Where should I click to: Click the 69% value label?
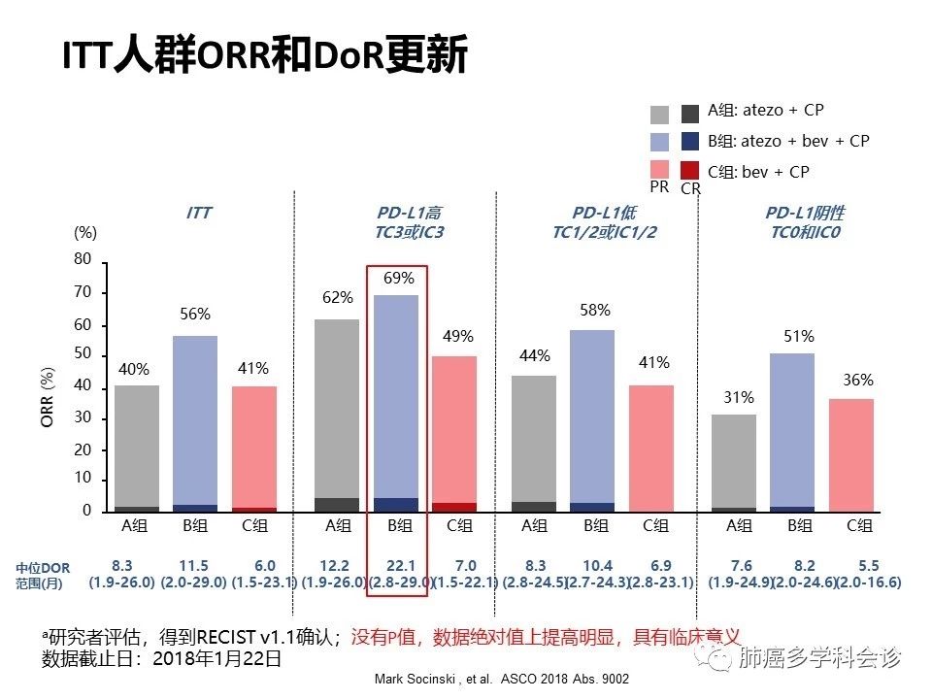(397, 279)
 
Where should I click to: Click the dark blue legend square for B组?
(690, 142)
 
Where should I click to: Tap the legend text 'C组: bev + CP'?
(758, 172)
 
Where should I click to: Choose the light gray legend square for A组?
(659, 113)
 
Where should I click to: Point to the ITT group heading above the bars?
(200, 213)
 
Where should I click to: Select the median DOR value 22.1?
(400, 566)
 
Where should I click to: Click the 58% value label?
(594, 311)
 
